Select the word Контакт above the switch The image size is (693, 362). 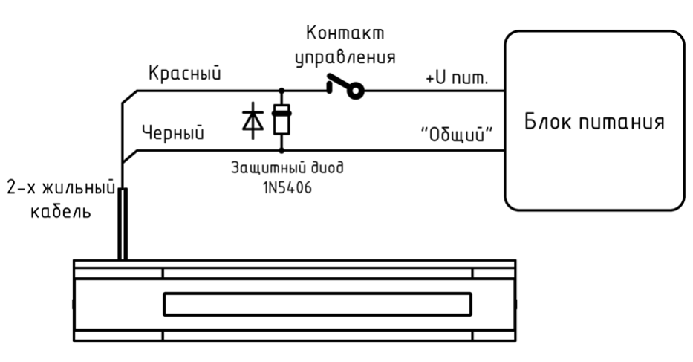click(348, 34)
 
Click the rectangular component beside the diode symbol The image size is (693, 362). click(282, 120)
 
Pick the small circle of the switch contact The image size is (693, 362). click(356, 92)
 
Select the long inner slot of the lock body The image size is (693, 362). click(316, 303)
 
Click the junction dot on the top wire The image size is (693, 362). click(282, 92)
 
